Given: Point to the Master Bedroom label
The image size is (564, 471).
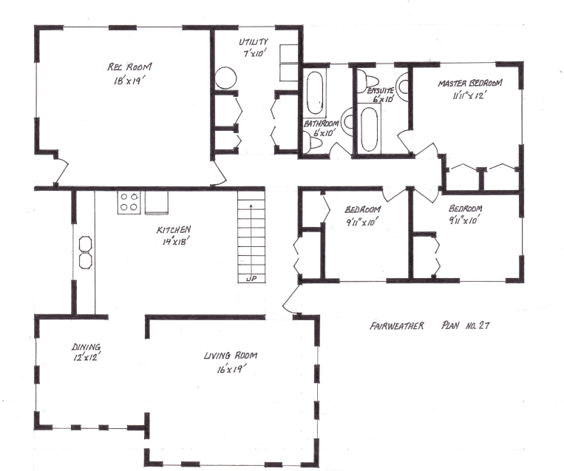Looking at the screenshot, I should tap(470, 82).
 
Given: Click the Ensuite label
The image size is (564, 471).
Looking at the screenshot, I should tap(381, 89).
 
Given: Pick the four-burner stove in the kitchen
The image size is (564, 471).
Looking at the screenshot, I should tap(129, 203).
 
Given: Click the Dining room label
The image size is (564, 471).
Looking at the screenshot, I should tap(86, 346).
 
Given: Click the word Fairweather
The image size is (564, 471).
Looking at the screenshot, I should tap(395, 325).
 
